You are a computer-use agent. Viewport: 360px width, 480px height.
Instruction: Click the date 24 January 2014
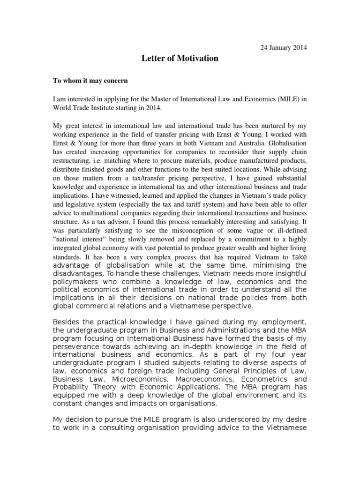(x=284, y=47)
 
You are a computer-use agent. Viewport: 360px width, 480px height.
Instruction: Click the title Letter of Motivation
(x=180, y=59)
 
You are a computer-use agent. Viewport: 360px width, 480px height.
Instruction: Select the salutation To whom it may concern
(x=90, y=80)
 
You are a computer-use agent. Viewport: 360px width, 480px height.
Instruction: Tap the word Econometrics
(x=265, y=378)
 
